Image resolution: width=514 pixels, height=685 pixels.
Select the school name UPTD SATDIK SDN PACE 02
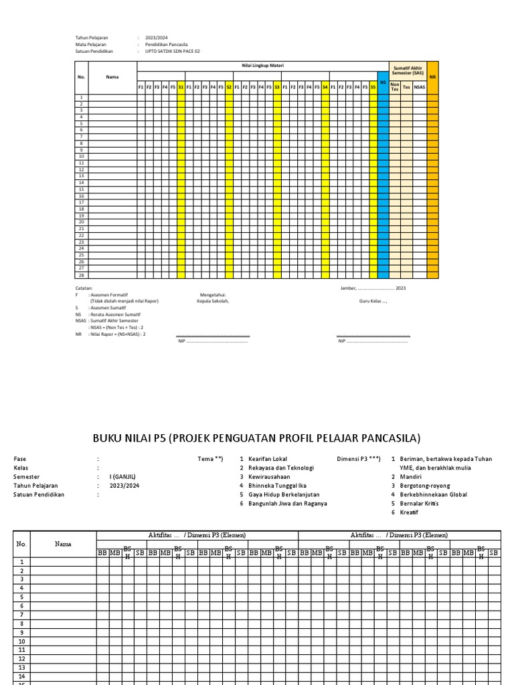(x=172, y=51)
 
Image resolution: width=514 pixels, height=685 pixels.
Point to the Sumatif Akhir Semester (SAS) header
(x=408, y=70)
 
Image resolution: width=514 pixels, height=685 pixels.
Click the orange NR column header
(x=432, y=77)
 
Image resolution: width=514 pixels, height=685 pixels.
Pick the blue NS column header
(x=383, y=82)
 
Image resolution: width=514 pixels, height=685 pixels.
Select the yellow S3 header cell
(x=277, y=87)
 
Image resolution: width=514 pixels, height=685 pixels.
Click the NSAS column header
(x=419, y=87)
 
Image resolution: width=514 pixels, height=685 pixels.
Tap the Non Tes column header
(x=395, y=87)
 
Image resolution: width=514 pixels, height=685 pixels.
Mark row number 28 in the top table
(x=81, y=274)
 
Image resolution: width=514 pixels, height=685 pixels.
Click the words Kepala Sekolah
(x=213, y=301)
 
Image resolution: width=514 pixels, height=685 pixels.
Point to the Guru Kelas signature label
(x=373, y=301)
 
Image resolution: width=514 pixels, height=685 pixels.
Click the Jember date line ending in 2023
(x=373, y=288)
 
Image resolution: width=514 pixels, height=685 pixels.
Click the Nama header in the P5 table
(x=63, y=544)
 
